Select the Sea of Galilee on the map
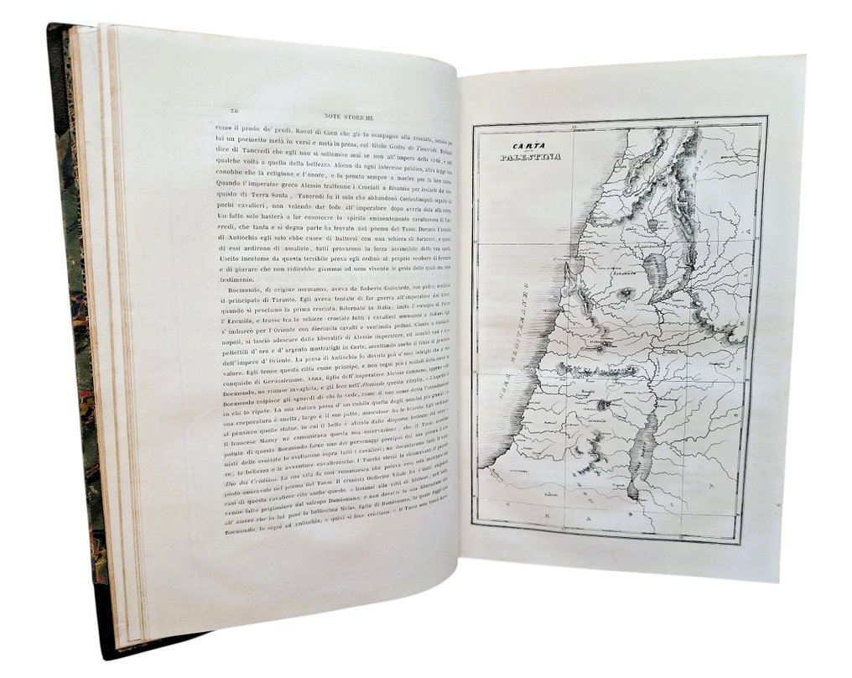(x=654, y=269)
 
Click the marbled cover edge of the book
(x=84, y=336)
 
